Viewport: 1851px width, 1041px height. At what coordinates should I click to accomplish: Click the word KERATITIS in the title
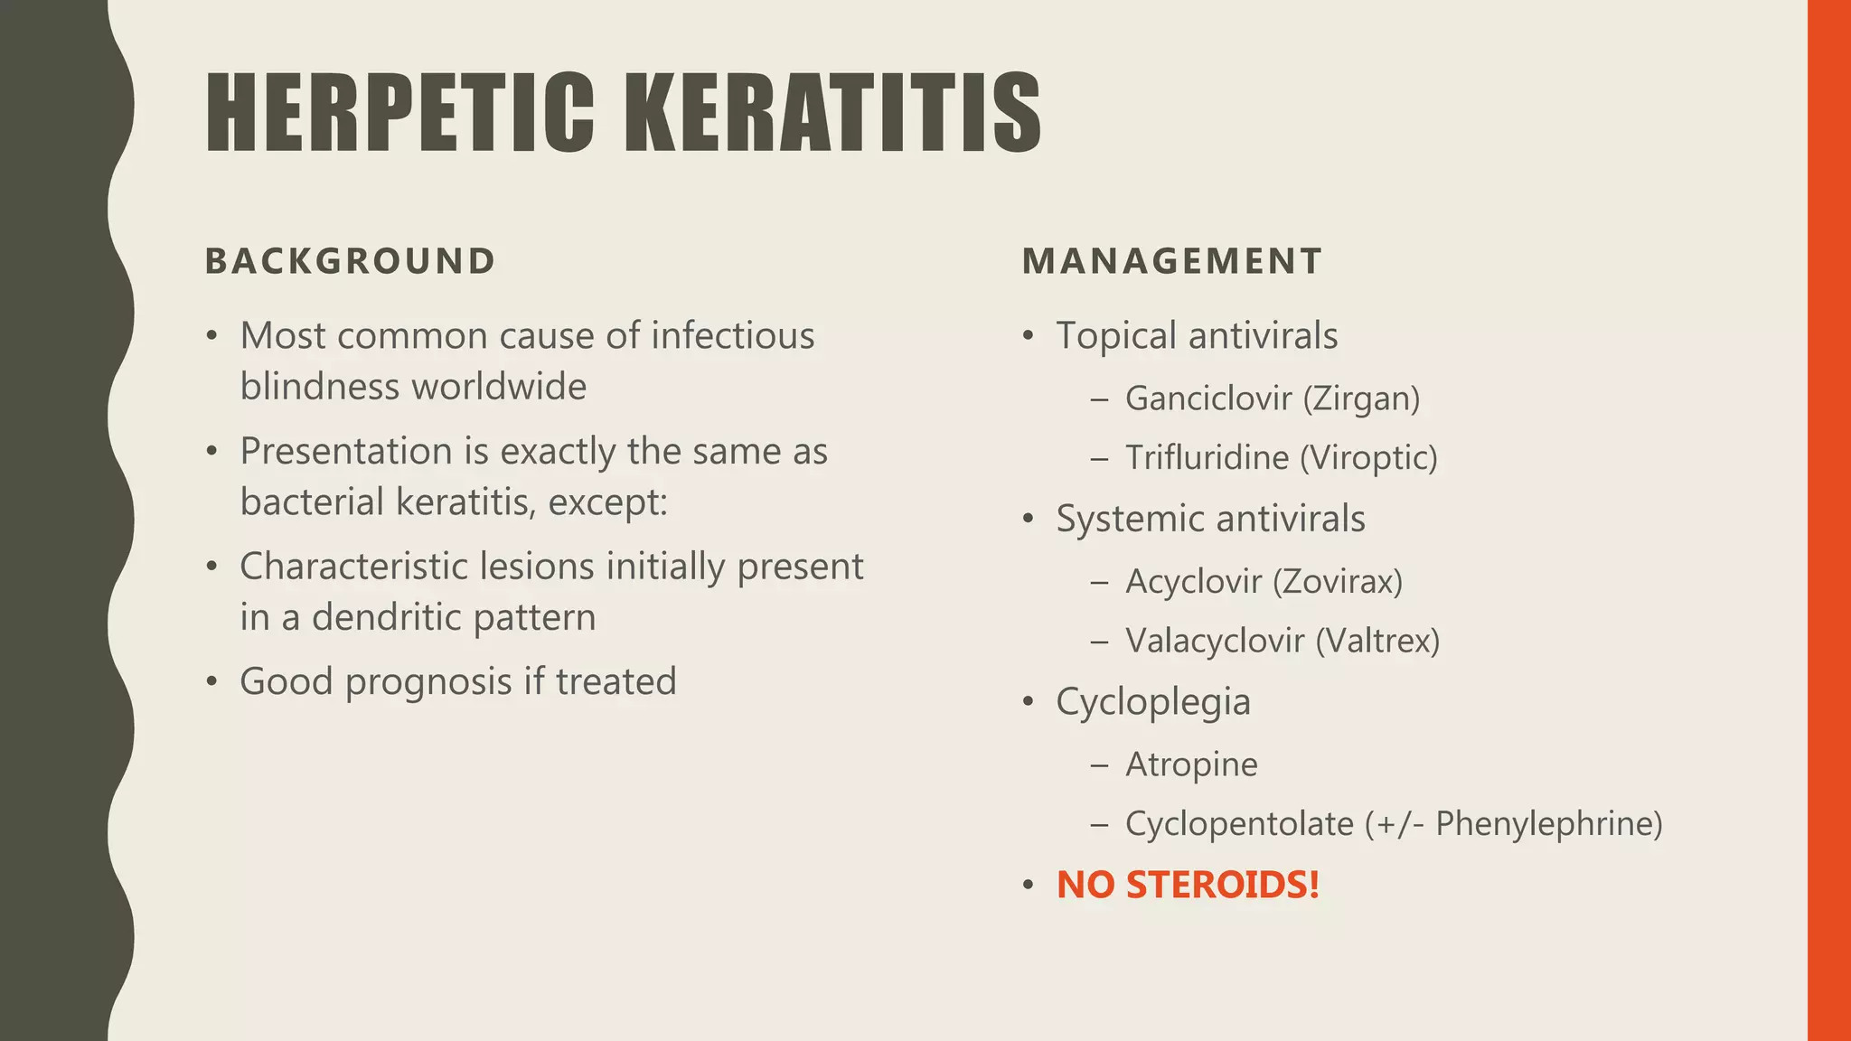832,113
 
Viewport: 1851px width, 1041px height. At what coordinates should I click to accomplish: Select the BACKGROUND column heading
351,261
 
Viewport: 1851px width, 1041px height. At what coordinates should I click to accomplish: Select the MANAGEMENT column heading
1172,261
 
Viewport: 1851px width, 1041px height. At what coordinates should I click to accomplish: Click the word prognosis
428,681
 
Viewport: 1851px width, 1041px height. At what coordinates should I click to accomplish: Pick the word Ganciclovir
1208,399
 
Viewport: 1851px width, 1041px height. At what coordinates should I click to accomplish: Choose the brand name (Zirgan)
1362,399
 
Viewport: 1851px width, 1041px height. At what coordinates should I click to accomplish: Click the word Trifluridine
1207,457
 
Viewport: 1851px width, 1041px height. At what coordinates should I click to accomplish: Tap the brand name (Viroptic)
1368,457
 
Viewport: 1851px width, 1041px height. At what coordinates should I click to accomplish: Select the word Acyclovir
1193,581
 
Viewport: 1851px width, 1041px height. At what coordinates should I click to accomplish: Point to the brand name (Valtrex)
1377,641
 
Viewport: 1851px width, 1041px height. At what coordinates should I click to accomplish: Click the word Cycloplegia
1153,702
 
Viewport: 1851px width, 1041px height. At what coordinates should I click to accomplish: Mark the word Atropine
1191,764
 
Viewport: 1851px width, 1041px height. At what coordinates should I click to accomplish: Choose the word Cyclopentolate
1239,824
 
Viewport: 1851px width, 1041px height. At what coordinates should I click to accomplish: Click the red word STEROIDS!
1223,885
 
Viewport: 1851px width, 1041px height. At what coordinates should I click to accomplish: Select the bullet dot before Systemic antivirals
1028,520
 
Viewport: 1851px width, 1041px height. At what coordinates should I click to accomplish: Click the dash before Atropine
1099,764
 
